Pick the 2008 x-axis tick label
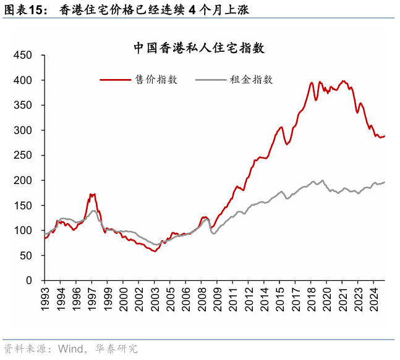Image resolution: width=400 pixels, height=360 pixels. pos(202,297)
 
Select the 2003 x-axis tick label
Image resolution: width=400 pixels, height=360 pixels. pos(155,297)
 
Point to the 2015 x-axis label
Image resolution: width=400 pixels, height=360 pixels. pos(281,297)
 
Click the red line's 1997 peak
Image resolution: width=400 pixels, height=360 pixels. pos(92,194)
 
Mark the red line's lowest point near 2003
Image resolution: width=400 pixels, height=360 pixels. pos(154,251)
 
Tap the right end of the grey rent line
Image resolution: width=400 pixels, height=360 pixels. pos(385,182)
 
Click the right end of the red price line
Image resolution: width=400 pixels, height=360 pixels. pos(385,136)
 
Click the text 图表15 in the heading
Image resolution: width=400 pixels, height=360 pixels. pos(25,9)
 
